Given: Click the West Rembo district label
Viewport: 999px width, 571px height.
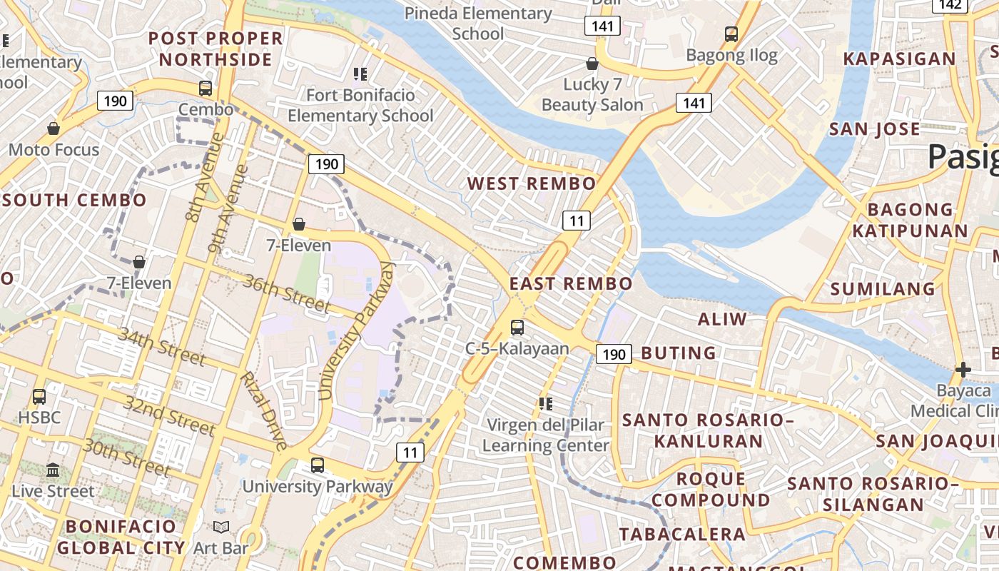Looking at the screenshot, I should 531,183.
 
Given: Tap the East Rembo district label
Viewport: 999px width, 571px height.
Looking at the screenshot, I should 570,283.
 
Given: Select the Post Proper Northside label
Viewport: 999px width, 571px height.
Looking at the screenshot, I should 215,49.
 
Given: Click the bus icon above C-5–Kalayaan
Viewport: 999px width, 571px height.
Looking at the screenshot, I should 517,328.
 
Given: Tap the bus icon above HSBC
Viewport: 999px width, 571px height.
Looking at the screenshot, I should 39,396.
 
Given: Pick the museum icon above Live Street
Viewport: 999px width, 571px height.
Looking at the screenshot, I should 53,470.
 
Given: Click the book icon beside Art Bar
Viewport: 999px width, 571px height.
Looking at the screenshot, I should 221,527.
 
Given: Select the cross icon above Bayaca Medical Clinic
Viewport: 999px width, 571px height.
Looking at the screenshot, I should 963,370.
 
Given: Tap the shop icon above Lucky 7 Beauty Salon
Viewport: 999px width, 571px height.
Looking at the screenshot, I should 592,64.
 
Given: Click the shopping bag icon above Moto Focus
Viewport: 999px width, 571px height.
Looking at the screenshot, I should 54,128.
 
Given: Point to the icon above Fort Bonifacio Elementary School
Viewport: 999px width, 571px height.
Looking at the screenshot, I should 360,74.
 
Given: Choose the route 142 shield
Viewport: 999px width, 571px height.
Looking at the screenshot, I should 950,5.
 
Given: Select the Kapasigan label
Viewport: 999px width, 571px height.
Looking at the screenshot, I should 899,59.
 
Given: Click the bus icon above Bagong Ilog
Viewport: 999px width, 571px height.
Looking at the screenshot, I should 731,34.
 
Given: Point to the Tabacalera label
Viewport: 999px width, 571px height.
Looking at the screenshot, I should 682,534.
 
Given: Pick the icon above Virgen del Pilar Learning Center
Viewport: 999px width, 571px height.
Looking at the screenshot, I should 546,404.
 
